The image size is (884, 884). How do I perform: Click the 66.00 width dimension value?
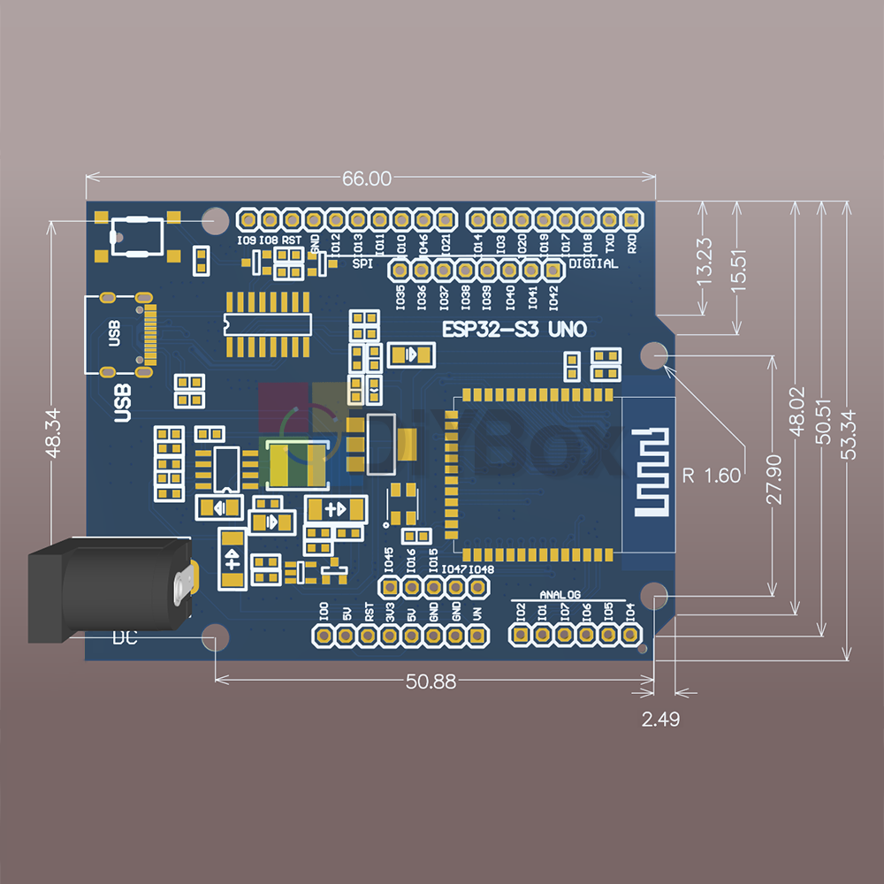pyautogui.click(x=366, y=179)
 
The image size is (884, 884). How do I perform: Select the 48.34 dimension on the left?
pyautogui.click(x=52, y=431)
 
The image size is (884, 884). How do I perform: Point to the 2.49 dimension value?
pyautogui.click(x=661, y=720)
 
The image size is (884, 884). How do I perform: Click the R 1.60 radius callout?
pyautogui.click(x=712, y=476)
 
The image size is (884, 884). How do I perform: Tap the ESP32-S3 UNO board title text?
pyautogui.click(x=514, y=330)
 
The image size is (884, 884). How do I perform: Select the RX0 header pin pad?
pyautogui.click(x=631, y=218)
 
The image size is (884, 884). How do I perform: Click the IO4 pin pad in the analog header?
pyautogui.click(x=629, y=635)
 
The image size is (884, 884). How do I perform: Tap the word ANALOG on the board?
pyautogui.click(x=560, y=595)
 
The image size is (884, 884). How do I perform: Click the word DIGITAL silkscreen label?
pyautogui.click(x=593, y=263)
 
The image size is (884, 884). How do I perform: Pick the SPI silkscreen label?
pyautogui.click(x=362, y=263)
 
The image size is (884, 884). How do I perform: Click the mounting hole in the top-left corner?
pyautogui.click(x=214, y=220)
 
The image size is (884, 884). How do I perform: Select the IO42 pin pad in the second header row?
pyautogui.click(x=553, y=269)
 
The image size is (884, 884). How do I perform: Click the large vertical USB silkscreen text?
pyautogui.click(x=124, y=401)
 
